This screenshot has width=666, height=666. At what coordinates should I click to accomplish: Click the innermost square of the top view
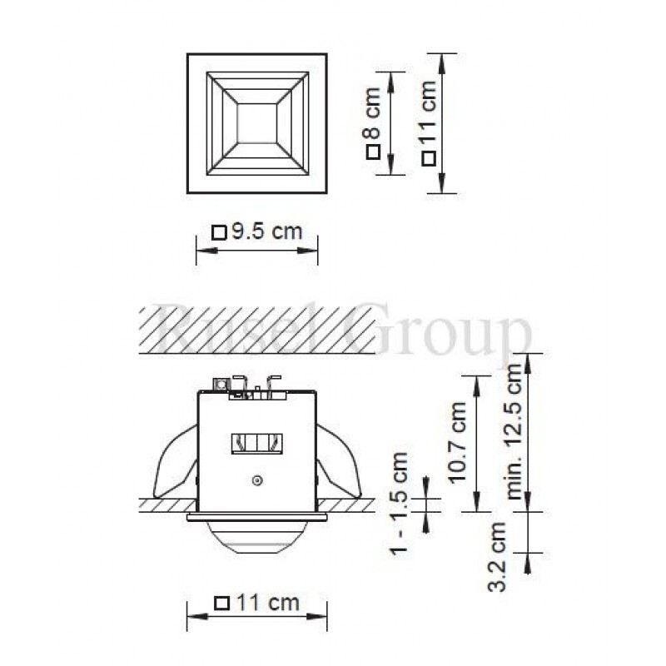coord(256,122)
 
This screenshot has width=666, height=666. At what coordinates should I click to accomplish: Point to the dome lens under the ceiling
coord(256,538)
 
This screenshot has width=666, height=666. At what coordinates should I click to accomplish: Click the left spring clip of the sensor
coord(176,466)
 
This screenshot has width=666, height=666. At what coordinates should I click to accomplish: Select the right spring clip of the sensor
coord(336,466)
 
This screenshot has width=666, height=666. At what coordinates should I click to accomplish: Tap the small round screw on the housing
coord(257,480)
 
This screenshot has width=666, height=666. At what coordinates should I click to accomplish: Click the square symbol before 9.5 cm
coord(219,233)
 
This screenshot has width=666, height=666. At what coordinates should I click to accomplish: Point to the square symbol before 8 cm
coord(373,152)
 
